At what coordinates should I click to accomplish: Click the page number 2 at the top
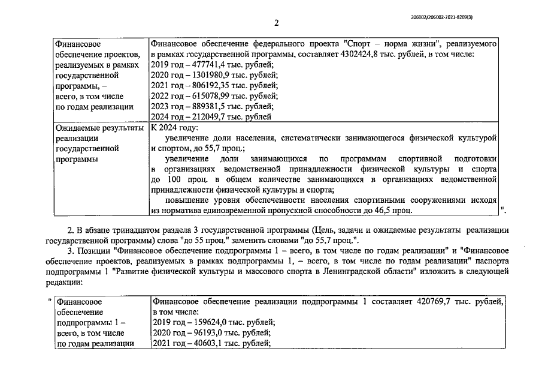click(x=276, y=23)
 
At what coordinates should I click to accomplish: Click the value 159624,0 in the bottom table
click(x=207, y=323)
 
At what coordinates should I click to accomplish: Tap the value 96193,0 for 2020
click(x=204, y=333)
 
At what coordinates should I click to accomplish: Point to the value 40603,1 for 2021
click(x=204, y=344)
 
